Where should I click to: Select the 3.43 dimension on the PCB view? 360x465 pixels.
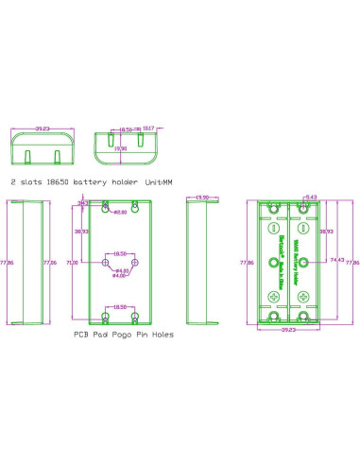click(82, 202)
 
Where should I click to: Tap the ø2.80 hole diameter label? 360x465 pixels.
click(120, 212)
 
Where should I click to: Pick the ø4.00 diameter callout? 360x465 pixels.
click(120, 276)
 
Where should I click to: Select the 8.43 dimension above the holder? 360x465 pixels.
click(310, 198)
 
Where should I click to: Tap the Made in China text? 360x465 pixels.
click(283, 275)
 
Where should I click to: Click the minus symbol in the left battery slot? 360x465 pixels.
click(275, 228)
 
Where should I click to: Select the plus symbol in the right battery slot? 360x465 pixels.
click(304, 297)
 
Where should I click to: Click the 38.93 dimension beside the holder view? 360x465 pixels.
click(326, 231)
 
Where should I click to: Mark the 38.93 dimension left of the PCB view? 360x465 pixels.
click(81, 231)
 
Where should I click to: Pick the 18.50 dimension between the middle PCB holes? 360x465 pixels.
click(120, 253)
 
